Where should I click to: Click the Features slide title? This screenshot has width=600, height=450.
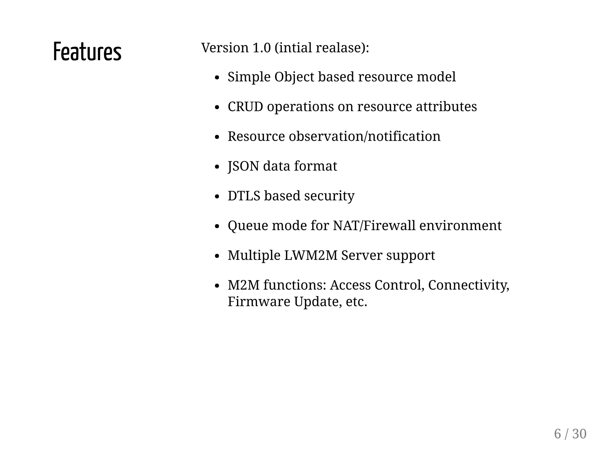(x=87, y=52)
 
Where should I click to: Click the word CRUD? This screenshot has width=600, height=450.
(x=245, y=107)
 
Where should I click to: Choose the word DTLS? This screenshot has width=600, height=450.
(x=244, y=196)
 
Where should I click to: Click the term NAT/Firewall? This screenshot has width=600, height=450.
(x=374, y=226)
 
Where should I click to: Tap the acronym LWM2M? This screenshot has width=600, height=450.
(x=311, y=255)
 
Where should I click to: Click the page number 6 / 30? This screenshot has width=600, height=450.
(x=570, y=434)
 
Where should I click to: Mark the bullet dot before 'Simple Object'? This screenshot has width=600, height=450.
(x=217, y=78)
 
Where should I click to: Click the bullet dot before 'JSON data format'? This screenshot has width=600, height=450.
(x=217, y=167)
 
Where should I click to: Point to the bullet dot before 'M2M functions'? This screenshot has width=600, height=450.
(x=217, y=286)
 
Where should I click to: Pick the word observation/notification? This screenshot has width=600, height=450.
(x=364, y=136)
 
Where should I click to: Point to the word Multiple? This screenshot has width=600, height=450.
(x=254, y=255)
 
